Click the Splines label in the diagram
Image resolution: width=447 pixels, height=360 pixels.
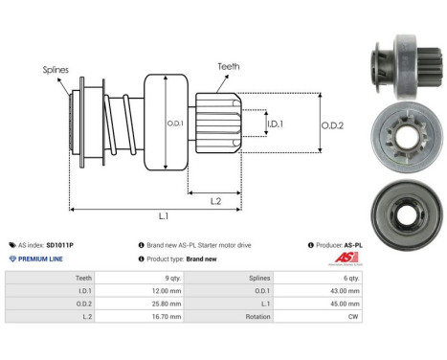pos(56,70)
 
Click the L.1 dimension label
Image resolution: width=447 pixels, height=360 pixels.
pos(164,217)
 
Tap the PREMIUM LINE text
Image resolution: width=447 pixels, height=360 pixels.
pos(39,259)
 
